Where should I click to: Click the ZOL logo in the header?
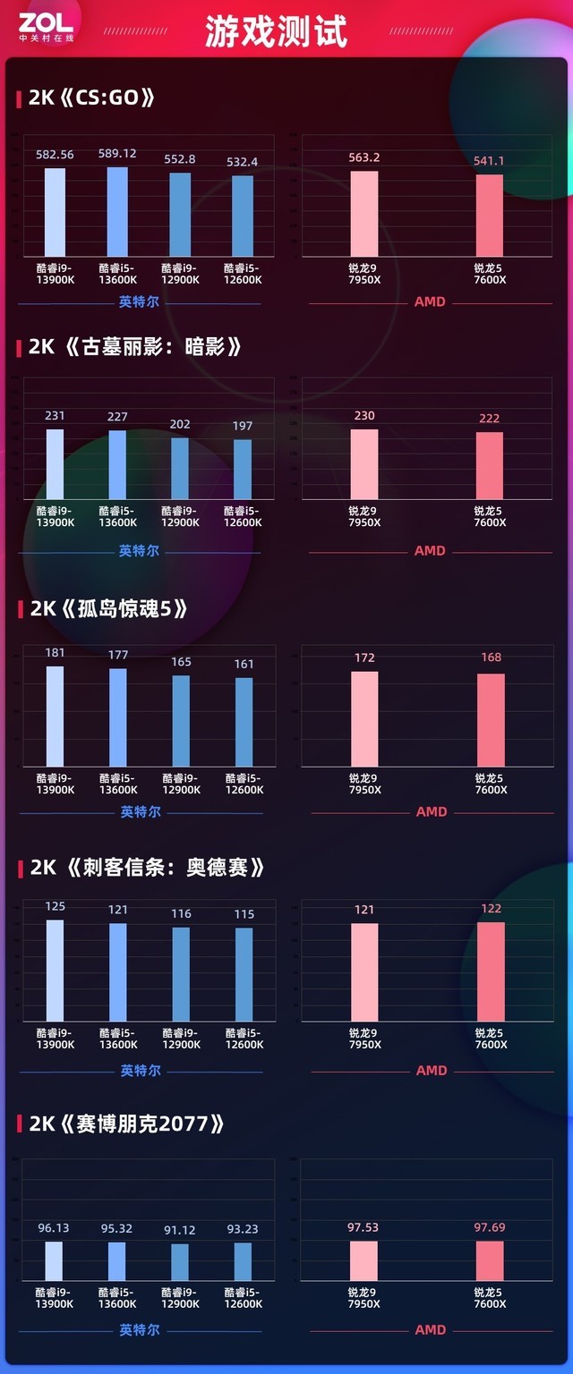(45, 26)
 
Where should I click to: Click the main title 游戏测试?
(276, 32)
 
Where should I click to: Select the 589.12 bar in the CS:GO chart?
(117, 212)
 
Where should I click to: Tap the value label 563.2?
(364, 157)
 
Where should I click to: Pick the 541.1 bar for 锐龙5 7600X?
(490, 216)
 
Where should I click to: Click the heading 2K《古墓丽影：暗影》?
(134, 347)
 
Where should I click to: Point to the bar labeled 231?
(56, 464)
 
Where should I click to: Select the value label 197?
(243, 426)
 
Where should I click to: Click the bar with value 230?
(364, 464)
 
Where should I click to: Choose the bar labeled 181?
(56, 716)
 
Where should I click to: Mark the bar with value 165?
(181, 720)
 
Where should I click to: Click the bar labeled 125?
(56, 970)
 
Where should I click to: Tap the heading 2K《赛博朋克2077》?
(125, 1124)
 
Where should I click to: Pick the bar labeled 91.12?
(180, 1261)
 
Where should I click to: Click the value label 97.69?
(490, 1227)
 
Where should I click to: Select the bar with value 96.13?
(54, 1260)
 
